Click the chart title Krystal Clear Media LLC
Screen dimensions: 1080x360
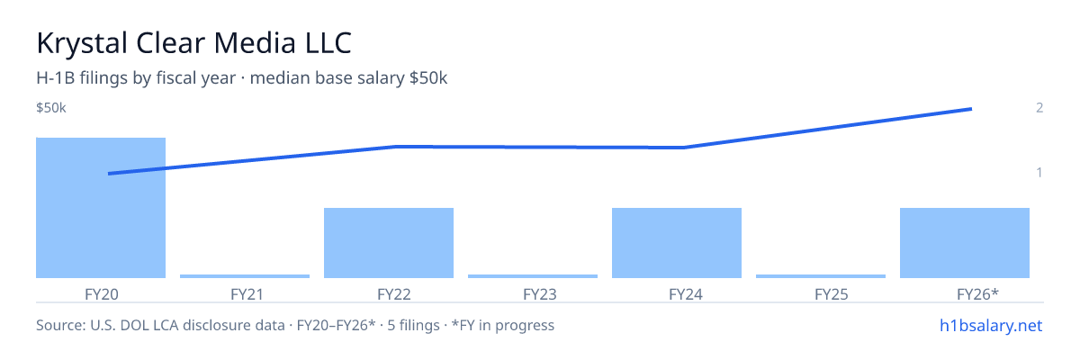click(193, 43)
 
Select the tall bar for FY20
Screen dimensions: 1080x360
click(101, 208)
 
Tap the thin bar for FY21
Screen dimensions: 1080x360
click(245, 276)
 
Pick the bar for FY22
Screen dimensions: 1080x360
click(389, 243)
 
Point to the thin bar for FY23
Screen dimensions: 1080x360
click(533, 276)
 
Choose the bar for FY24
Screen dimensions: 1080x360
click(677, 243)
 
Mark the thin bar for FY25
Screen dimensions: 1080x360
click(821, 276)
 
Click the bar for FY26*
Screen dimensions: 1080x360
click(965, 243)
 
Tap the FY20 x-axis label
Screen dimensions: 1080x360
click(101, 294)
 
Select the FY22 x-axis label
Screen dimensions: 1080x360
click(394, 294)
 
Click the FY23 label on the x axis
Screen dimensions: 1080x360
click(539, 294)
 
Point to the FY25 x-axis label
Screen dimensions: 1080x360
click(832, 294)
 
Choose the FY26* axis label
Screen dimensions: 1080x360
click(977, 294)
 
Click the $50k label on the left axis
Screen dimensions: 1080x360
click(51, 108)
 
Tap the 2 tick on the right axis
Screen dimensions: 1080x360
click(1039, 108)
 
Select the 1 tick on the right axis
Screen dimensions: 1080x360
click(1039, 173)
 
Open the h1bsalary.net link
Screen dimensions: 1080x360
click(991, 326)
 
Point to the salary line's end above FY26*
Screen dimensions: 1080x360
click(971, 109)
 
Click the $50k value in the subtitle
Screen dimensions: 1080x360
click(428, 78)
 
